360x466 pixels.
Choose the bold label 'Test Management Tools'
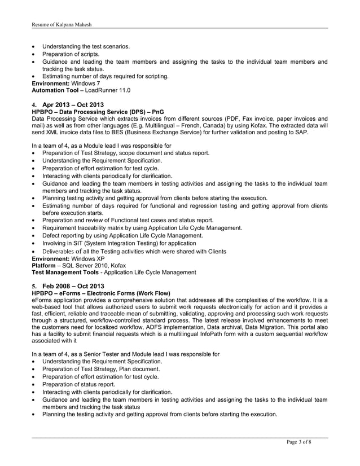[67, 272]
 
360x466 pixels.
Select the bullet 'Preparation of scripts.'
[71, 54]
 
